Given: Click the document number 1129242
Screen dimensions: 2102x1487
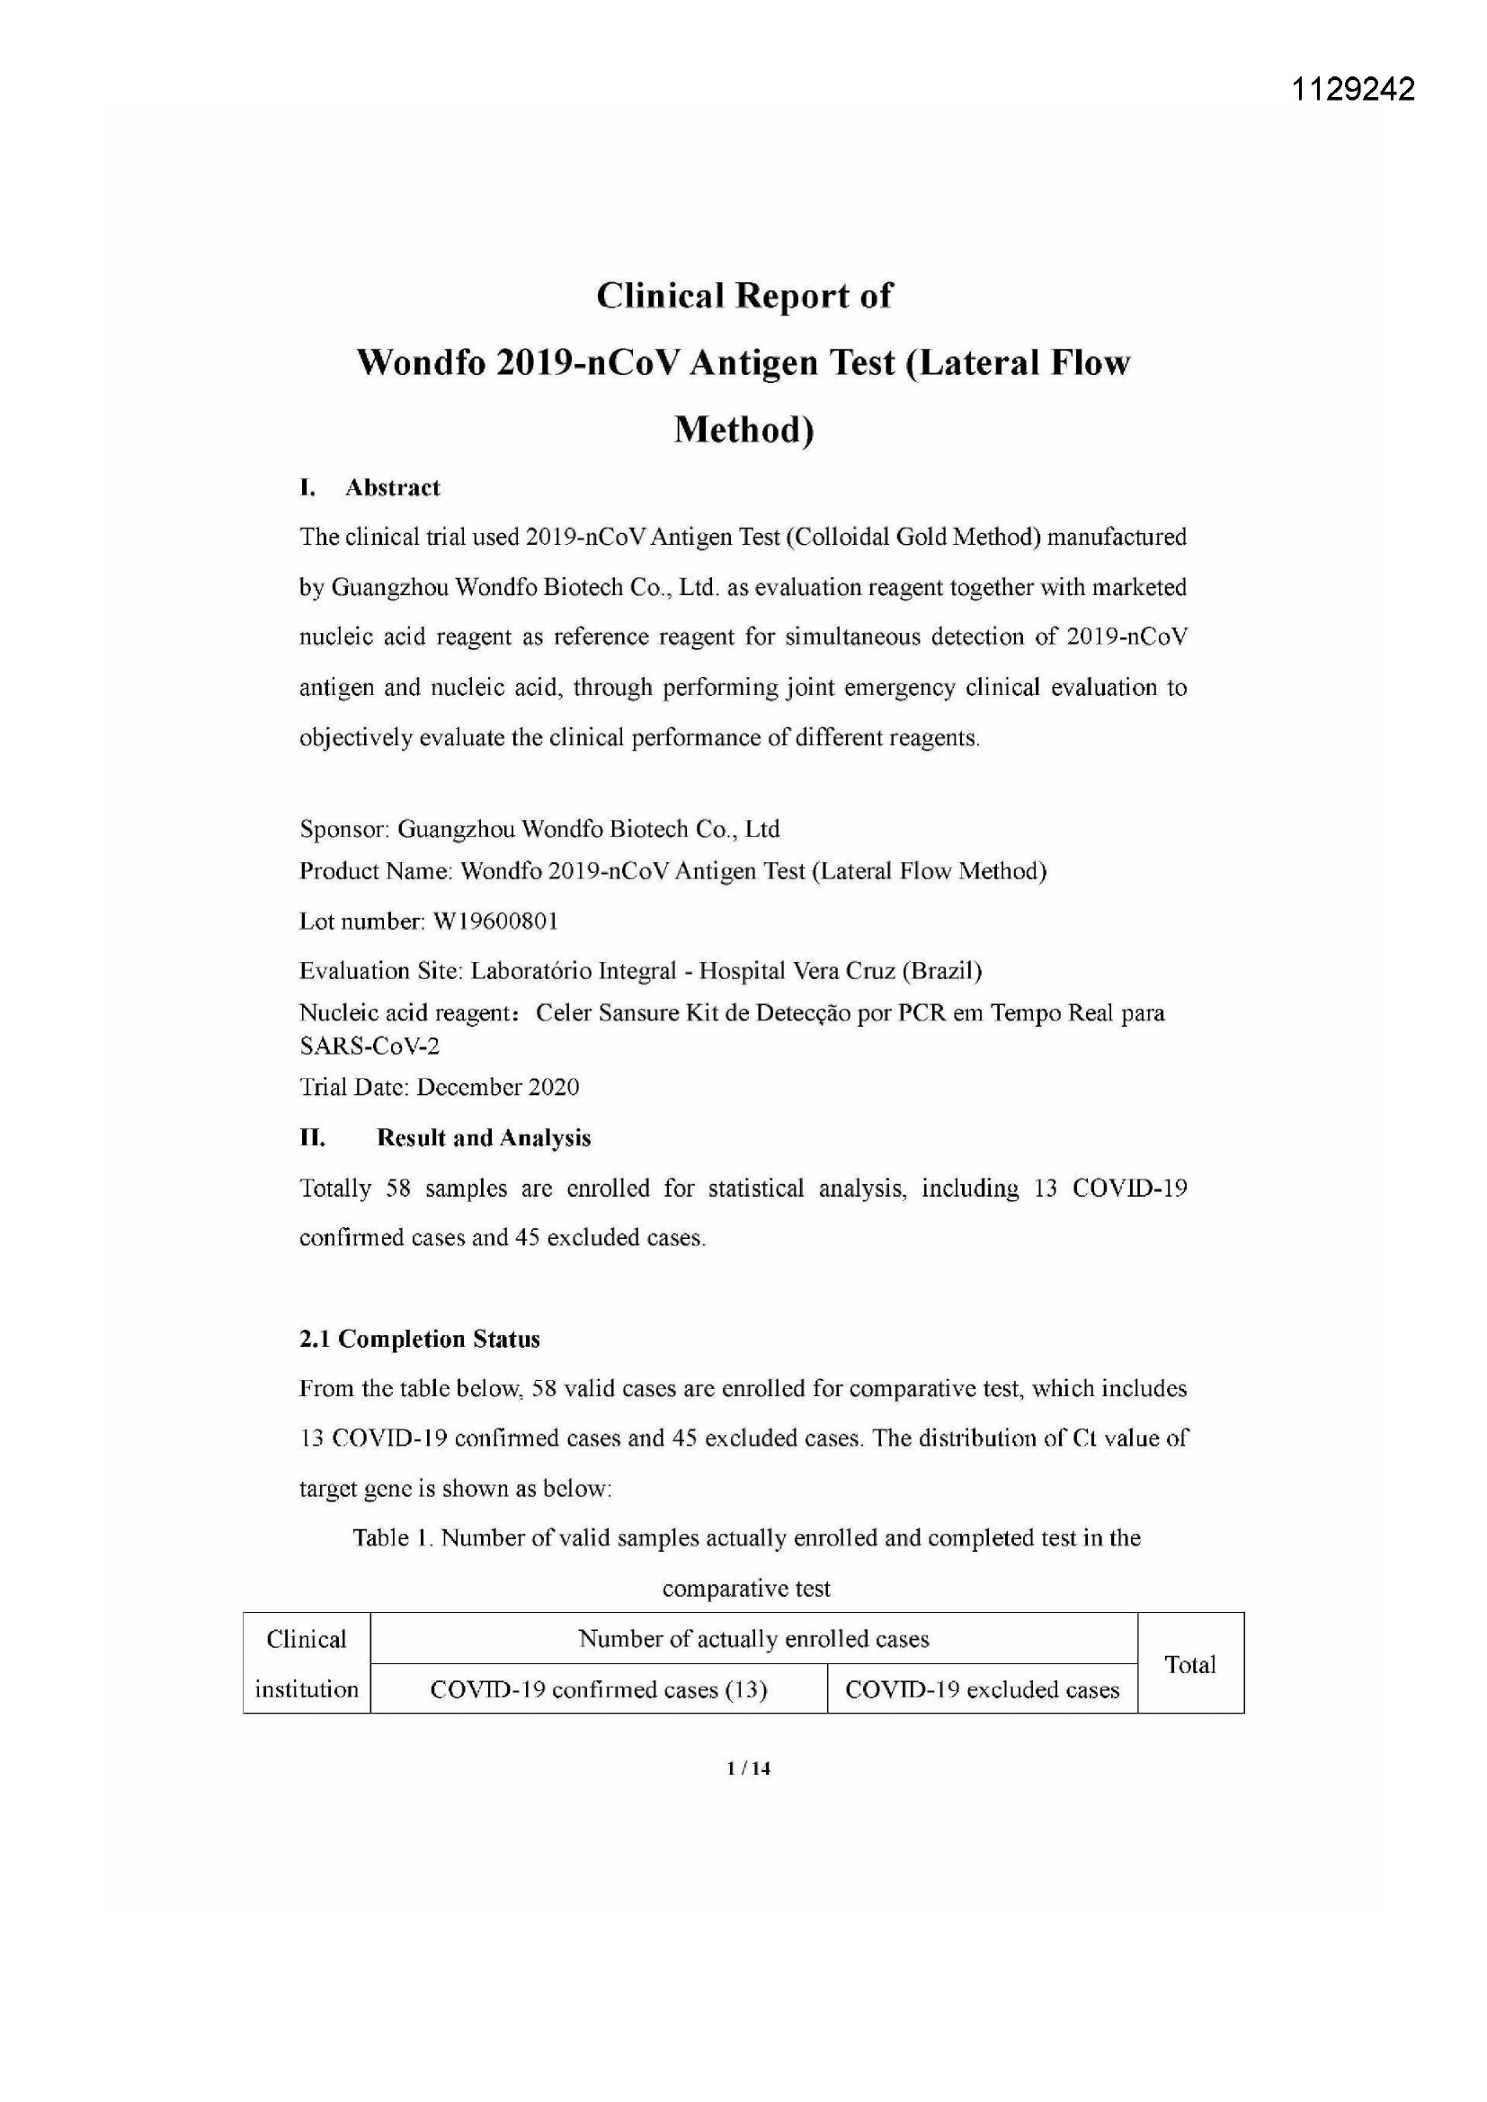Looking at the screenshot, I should [x=1352, y=89].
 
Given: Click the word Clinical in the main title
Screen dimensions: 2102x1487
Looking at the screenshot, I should [x=657, y=296].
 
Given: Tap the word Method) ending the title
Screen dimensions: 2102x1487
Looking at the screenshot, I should [x=743, y=430].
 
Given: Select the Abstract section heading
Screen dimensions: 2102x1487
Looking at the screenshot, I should [x=392, y=488].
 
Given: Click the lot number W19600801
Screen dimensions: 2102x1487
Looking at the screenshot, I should [x=494, y=921].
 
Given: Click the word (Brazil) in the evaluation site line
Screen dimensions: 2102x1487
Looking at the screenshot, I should [x=942, y=970].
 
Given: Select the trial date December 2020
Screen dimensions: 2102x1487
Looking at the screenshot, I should [x=497, y=1087].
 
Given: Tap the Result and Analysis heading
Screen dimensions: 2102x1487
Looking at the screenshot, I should [x=484, y=1138].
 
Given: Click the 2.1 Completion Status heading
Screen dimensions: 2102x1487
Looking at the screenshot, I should [x=419, y=1340].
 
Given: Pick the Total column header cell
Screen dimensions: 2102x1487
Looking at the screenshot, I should [x=1189, y=1664].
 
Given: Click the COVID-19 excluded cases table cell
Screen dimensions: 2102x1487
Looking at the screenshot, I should [x=982, y=1689].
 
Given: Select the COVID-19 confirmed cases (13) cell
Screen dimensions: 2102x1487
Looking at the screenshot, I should [x=598, y=1689].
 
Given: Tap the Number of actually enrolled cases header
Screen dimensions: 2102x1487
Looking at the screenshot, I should [x=753, y=1639].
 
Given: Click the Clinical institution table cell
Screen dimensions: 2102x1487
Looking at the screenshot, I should [x=307, y=1664].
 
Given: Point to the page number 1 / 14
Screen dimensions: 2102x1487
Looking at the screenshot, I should [x=748, y=1768].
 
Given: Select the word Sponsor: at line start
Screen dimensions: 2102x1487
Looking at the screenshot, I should [x=344, y=830].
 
